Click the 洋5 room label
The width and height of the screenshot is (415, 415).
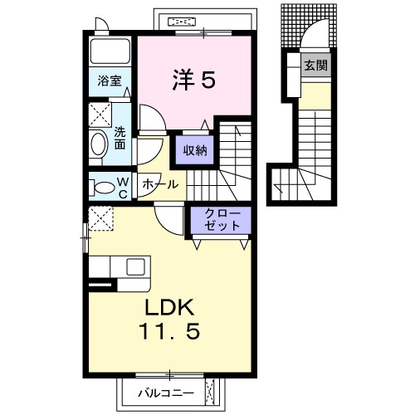tap(193, 80)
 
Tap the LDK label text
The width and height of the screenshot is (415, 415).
tap(169, 307)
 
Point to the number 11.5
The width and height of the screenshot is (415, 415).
tap(169, 331)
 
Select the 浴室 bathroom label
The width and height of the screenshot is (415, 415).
tap(110, 81)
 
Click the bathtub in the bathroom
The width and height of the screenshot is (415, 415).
tap(110, 51)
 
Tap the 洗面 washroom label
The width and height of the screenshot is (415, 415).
tap(120, 139)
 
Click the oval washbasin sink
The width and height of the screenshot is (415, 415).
tap(99, 144)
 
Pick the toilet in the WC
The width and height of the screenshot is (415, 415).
tap(102, 188)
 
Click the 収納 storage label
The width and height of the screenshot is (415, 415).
tap(195, 150)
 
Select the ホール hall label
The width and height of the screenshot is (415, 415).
tap(161, 184)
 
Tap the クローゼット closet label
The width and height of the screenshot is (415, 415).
tap(222, 220)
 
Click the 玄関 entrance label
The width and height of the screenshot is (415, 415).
tap(316, 66)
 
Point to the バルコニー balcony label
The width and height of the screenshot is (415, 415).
tap(166, 393)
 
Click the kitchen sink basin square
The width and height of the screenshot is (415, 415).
tap(135, 267)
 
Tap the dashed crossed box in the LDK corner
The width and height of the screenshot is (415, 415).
tap(100, 218)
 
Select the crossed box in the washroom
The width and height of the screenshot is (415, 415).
tap(100, 115)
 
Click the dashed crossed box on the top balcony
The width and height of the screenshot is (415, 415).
tap(182, 22)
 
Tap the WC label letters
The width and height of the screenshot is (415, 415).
tap(123, 188)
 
